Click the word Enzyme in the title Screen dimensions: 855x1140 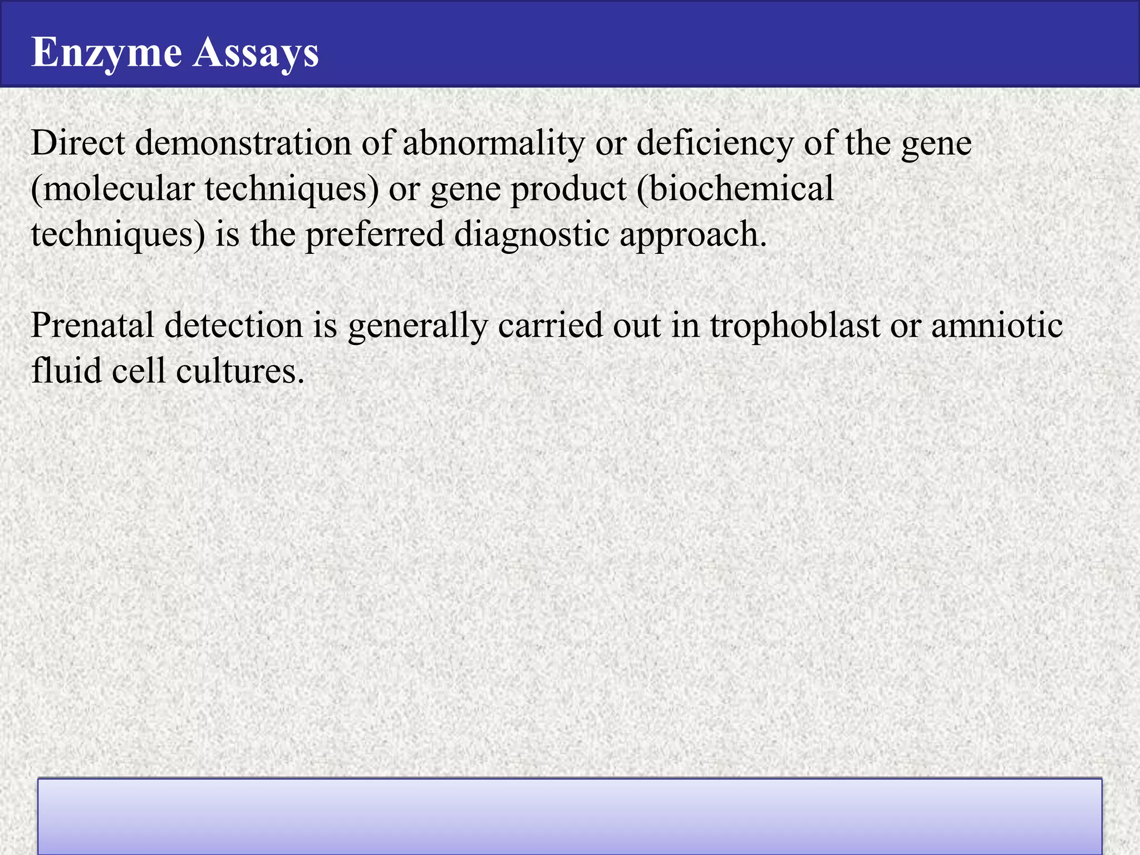coord(106,52)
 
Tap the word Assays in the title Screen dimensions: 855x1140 coord(255,52)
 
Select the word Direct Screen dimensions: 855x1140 coord(78,142)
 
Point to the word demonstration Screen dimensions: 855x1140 coord(243,142)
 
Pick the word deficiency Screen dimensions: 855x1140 coord(715,144)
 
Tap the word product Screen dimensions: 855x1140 coord(568,189)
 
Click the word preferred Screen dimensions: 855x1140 coord(375,234)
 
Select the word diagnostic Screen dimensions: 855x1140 coord(532,234)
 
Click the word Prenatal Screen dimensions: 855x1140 coord(92,325)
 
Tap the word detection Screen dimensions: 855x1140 coord(233,325)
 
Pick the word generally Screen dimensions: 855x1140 coord(417,326)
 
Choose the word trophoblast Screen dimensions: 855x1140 coord(794,326)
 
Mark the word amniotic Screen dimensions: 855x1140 coord(997,325)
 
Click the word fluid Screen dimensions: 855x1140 coord(66,370)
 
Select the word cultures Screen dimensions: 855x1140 coord(240,370)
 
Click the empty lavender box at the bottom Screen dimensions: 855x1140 coord(569,816)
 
